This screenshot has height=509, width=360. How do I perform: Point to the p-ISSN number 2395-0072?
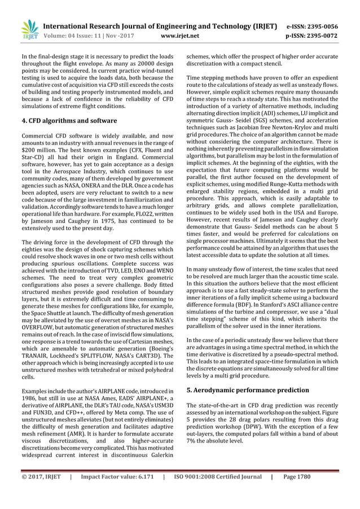coord(320,36)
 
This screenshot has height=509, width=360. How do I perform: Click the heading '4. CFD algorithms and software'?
coord(69,120)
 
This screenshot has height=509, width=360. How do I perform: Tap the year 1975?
coord(107,221)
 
